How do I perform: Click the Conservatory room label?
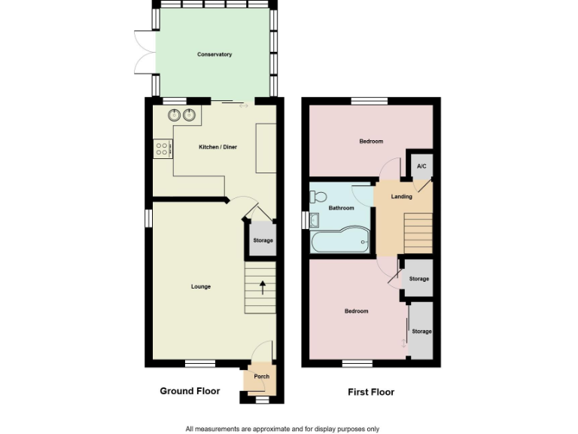point(214,54)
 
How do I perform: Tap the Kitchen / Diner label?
point(218,147)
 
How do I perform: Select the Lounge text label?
point(200,286)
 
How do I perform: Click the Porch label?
point(261,377)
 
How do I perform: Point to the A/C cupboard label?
point(421,167)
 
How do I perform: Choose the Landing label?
point(401,197)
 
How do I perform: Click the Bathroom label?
point(341,208)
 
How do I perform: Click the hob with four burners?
point(162,148)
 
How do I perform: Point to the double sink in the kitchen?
point(181,115)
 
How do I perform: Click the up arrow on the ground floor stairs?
point(262,286)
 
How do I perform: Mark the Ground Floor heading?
point(190,391)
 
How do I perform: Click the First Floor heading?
point(370,392)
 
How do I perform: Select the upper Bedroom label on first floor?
point(370,142)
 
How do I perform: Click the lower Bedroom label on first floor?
point(356,311)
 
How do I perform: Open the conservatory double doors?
point(143,52)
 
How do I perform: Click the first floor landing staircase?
point(418,233)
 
